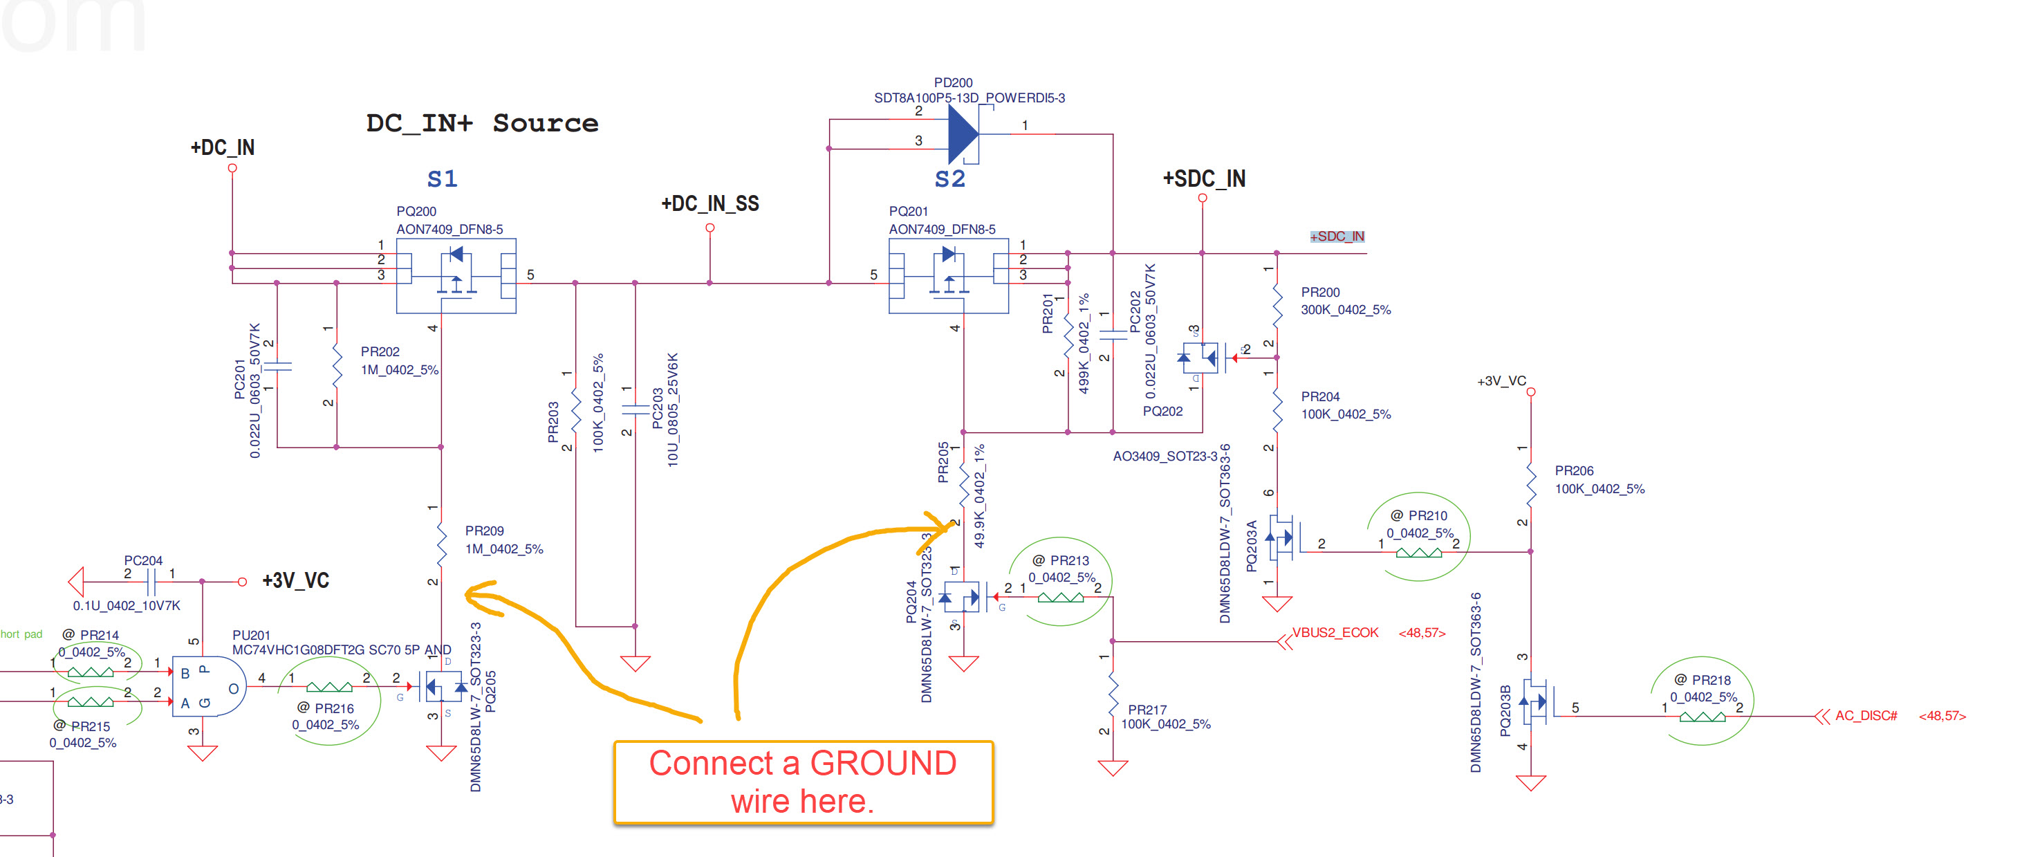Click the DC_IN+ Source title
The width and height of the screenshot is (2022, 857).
482,123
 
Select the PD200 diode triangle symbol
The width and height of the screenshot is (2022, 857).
963,134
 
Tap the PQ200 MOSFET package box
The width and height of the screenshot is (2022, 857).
455,276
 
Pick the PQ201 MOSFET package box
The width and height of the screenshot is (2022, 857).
948,276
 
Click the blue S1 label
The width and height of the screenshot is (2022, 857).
442,179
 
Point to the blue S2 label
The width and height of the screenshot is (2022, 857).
949,179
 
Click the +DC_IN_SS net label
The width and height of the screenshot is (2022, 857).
709,204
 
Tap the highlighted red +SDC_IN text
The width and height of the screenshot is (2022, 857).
1337,237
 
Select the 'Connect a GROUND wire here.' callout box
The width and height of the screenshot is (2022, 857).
803,782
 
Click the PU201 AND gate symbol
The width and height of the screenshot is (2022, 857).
209,687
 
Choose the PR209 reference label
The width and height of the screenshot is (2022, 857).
484,531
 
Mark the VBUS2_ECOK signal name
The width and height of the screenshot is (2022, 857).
1335,632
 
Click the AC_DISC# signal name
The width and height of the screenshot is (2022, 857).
1866,716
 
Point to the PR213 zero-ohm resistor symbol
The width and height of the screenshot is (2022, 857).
1061,598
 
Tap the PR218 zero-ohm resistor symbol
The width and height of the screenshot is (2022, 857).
1702,716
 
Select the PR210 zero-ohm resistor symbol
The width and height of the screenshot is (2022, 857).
1418,553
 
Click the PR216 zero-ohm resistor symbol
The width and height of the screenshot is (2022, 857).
329,688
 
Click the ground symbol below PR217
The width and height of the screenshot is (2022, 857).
1112,768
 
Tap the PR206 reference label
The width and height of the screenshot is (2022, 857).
1574,471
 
